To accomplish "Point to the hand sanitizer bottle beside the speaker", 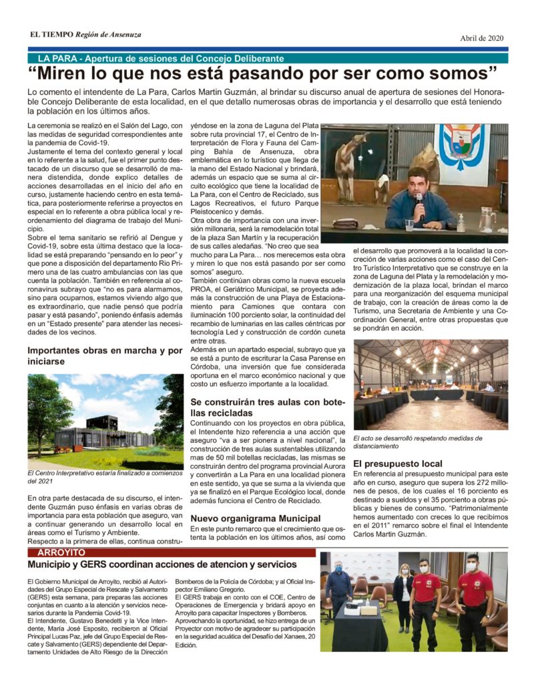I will tap(461, 222).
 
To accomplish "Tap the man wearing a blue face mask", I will tap(340, 588).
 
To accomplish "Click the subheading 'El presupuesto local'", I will tap(397, 463).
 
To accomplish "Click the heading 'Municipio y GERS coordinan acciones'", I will tap(162, 565).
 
